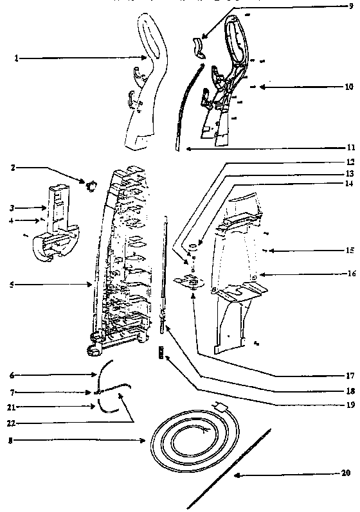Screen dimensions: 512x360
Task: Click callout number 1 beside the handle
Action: (x=16, y=58)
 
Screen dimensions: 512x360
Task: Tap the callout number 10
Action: (x=348, y=86)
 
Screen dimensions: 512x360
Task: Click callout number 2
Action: (x=12, y=168)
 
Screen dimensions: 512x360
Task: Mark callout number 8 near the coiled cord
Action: (x=12, y=441)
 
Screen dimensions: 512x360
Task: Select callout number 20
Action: (x=346, y=473)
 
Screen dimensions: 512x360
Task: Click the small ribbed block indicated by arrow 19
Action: (x=161, y=351)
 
